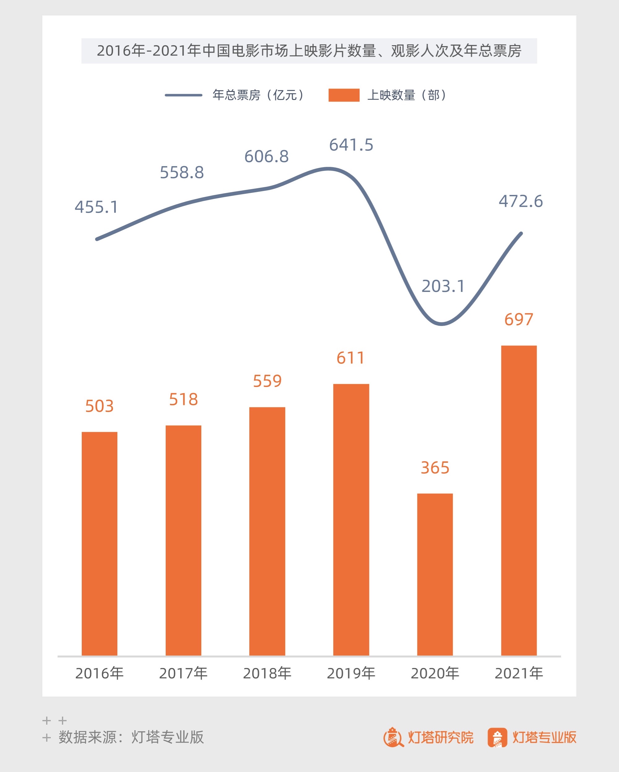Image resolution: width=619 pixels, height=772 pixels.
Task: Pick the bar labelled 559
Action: tap(267, 531)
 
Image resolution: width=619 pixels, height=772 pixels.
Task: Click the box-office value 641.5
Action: tap(351, 145)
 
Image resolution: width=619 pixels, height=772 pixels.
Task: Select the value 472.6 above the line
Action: tap(521, 201)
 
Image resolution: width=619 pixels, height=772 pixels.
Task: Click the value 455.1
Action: tap(96, 207)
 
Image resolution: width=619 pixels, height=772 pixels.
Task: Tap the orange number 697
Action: tap(518, 319)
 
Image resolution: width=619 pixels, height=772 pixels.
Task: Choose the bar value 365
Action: tap(434, 468)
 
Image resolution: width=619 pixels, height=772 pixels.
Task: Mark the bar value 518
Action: tap(183, 399)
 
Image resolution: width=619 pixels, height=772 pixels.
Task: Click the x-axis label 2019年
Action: tap(351, 674)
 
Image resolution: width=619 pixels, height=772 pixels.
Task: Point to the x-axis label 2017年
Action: tap(183, 674)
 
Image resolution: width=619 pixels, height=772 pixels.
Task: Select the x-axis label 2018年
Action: tap(267, 674)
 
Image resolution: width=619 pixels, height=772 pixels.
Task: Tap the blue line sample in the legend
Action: tap(183, 95)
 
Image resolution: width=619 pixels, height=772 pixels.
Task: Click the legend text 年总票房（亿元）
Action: tap(259, 95)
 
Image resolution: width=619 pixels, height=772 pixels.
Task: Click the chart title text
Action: tap(309, 51)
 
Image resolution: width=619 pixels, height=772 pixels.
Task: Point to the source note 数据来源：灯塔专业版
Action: tap(131, 737)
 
